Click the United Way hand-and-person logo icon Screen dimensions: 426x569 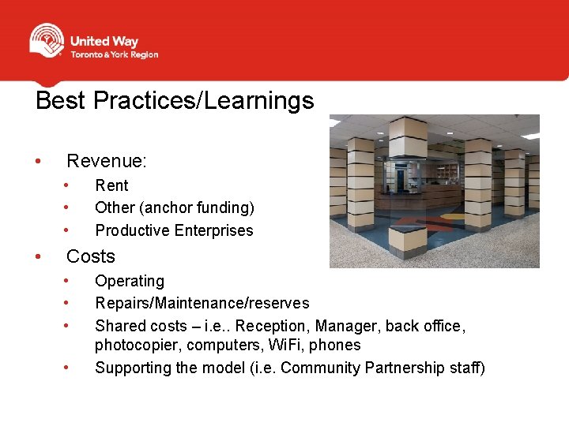[x=47, y=41]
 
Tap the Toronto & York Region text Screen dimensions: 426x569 [x=114, y=55]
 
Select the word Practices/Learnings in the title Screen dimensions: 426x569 [x=204, y=101]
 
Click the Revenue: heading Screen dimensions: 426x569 [x=107, y=162]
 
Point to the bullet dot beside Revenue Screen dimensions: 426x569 [x=38, y=162]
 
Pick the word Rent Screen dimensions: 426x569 [x=111, y=185]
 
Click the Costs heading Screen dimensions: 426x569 [x=91, y=256]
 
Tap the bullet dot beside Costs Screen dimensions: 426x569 [x=38, y=256]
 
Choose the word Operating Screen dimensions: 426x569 [x=130, y=281]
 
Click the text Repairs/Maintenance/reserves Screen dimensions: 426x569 [x=202, y=303]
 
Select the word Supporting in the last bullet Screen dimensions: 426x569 [x=132, y=368]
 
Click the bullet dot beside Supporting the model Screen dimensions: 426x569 [x=68, y=367]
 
